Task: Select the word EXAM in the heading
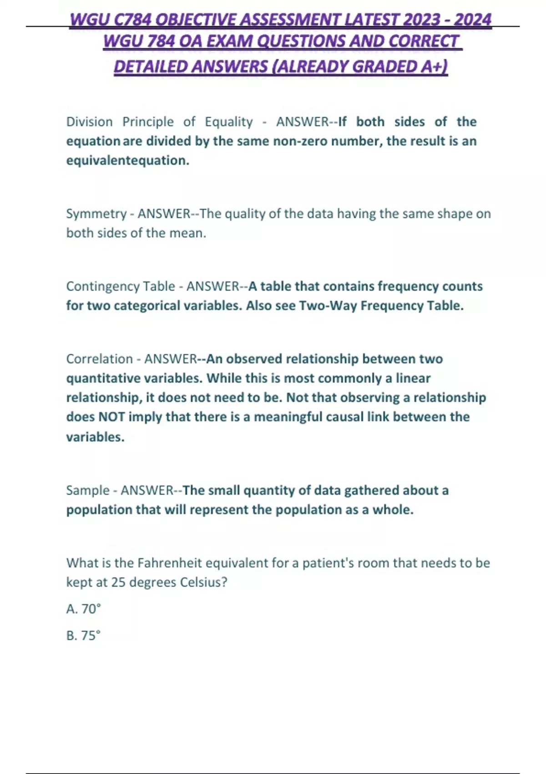[230, 41]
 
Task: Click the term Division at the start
[89, 122]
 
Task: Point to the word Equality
[228, 122]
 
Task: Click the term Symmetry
[96, 214]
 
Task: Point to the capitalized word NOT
[111, 417]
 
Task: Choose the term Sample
[88, 490]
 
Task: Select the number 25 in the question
[118, 582]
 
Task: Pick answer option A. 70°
[84, 609]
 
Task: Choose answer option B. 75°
[83, 636]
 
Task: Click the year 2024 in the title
[473, 20]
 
